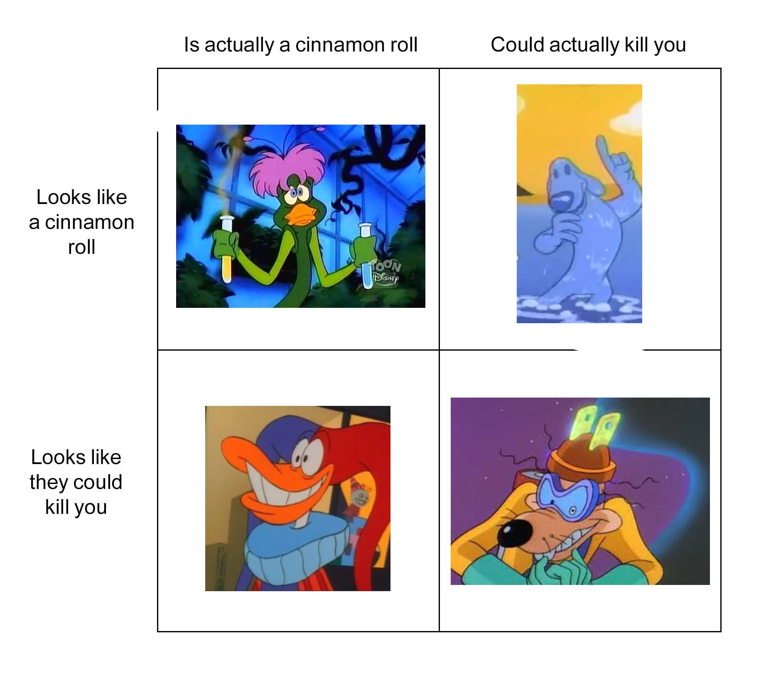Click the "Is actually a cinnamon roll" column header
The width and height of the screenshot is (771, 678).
(300, 44)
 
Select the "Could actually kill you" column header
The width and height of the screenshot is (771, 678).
(588, 45)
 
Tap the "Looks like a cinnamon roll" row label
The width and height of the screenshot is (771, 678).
(81, 222)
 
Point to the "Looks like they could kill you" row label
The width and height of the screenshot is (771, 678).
(76, 482)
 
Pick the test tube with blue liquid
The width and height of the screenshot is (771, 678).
(366, 255)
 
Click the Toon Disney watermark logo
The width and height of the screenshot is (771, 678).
(386, 272)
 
